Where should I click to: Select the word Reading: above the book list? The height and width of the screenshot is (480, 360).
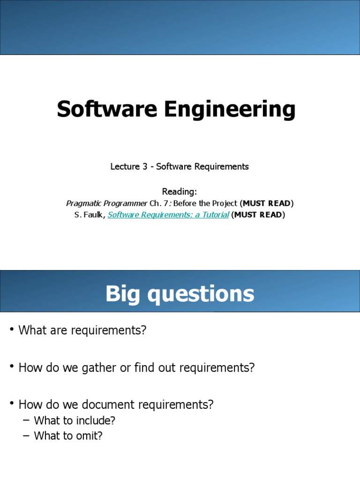[180, 191]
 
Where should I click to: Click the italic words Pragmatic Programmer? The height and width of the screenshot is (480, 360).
[106, 203]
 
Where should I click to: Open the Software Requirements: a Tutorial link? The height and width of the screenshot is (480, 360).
[168, 215]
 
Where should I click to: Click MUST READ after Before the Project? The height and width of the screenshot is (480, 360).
[266, 203]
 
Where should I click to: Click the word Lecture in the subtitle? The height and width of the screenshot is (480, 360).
[124, 166]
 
